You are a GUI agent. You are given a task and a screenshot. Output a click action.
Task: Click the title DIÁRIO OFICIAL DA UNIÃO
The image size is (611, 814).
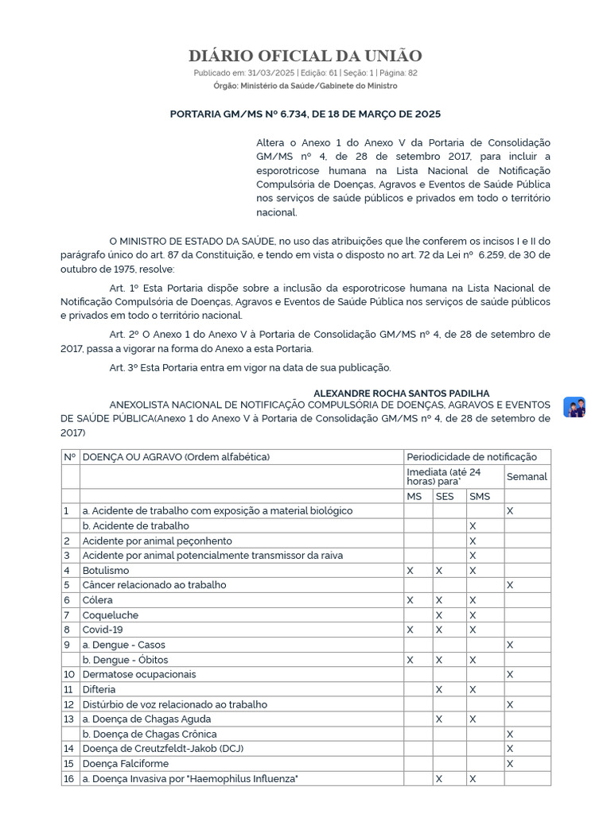click(x=305, y=56)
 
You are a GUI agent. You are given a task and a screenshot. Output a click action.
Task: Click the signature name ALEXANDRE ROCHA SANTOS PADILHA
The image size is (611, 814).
click(x=401, y=393)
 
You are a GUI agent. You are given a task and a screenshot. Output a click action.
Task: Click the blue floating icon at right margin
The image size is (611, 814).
click(x=574, y=407)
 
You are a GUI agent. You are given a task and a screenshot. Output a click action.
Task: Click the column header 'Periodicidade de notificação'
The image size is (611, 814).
click(x=471, y=457)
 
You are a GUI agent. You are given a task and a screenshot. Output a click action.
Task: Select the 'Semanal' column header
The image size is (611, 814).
click(x=527, y=476)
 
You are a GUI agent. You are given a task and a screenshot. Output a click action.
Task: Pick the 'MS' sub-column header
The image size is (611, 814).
click(x=414, y=496)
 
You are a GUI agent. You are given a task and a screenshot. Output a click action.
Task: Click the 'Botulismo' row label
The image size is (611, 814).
click(x=106, y=570)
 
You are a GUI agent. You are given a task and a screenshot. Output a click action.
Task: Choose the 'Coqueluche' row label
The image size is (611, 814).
click(x=110, y=614)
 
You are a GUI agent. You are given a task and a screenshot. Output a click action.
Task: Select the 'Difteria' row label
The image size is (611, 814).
click(x=99, y=689)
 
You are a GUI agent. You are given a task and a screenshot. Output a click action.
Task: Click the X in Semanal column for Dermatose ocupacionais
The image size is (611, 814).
click(x=510, y=674)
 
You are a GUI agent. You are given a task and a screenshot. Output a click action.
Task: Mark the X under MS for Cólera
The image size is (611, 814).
click(x=411, y=600)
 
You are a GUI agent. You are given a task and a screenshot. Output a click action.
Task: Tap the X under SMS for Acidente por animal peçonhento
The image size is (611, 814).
click(x=473, y=541)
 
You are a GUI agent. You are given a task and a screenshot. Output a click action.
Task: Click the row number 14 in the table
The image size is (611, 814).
click(x=68, y=749)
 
